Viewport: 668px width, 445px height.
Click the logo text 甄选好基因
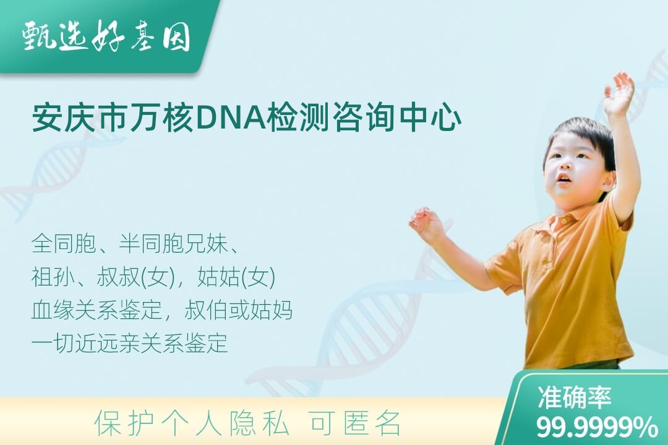point(106,36)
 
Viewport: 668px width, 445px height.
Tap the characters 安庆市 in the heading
point(80,117)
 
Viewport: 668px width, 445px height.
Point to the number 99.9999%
point(597,426)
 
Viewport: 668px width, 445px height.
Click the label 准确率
point(574,396)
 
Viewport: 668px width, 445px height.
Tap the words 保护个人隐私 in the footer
point(192,422)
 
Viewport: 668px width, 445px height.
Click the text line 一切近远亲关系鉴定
point(129,343)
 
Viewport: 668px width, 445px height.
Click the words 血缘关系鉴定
point(96,310)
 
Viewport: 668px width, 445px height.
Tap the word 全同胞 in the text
point(64,244)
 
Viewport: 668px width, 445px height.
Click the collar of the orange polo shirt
point(562,221)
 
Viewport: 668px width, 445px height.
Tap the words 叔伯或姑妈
point(239,310)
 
